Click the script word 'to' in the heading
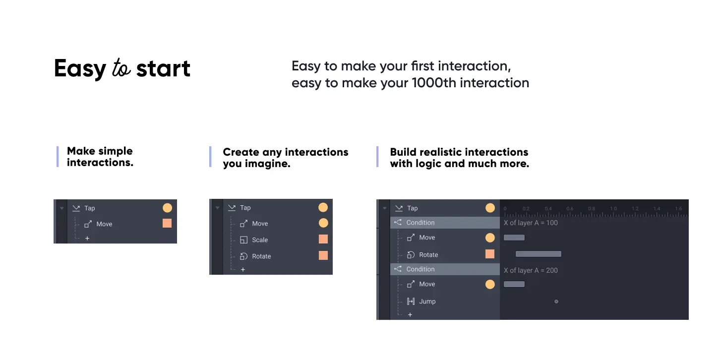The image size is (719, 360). (x=121, y=68)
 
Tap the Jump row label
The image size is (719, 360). (x=427, y=301)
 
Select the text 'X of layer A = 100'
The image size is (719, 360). (x=531, y=223)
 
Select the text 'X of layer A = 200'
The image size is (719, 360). (x=531, y=270)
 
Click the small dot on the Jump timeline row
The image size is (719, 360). (x=556, y=301)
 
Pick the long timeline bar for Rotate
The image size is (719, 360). (x=539, y=254)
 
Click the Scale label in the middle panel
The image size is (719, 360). (x=260, y=240)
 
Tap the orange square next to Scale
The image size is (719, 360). (x=323, y=239)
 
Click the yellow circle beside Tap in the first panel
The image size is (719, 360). (x=167, y=208)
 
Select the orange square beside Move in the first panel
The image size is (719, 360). (x=167, y=223)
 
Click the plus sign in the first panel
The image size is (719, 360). (x=87, y=239)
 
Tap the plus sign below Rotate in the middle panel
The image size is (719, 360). (x=243, y=270)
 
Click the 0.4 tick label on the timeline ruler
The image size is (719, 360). (x=548, y=209)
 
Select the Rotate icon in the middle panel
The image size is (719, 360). (x=243, y=256)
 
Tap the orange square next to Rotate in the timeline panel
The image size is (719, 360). (x=490, y=254)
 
